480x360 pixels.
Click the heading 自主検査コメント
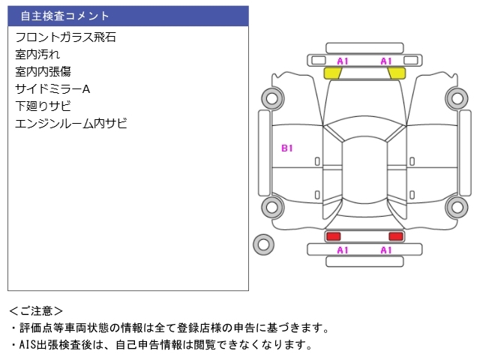[64, 16]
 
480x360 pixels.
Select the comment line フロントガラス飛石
[65, 37]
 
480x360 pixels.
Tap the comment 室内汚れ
[37, 55]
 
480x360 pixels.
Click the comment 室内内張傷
[43, 72]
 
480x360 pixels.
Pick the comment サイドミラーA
[52, 89]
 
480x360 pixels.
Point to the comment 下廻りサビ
[43, 106]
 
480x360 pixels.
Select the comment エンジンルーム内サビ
[71, 123]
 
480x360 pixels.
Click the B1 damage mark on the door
[286, 148]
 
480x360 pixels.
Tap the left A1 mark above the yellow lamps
[343, 61]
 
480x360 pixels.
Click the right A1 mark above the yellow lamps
[386, 61]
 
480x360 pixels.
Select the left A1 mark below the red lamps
[343, 250]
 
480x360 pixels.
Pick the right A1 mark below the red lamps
[386, 250]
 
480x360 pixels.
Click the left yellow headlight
[332, 73]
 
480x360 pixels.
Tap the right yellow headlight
[397, 73]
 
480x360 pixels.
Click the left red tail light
[333, 236]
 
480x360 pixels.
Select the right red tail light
[396, 236]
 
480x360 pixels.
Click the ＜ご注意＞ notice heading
[36, 311]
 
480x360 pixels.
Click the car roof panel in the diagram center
[364, 170]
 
